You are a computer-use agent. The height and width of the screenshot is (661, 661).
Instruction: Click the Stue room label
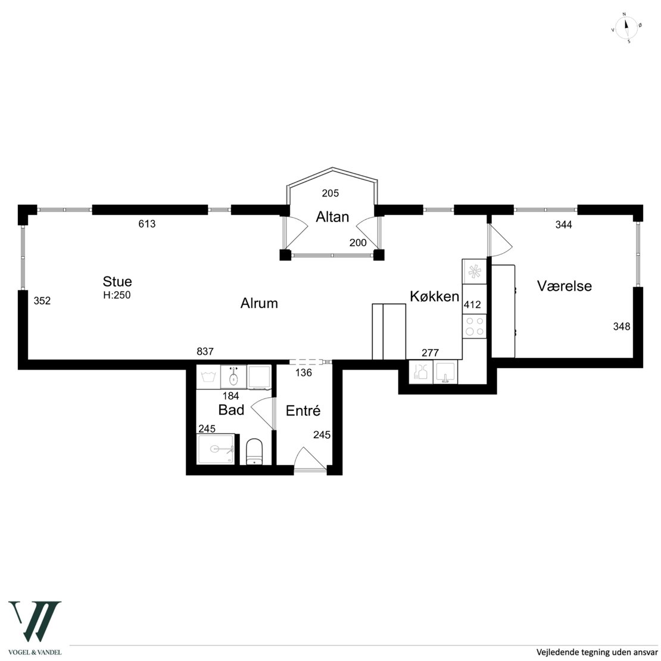click(x=117, y=281)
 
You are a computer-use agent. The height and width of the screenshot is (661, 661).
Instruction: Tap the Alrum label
click(x=259, y=303)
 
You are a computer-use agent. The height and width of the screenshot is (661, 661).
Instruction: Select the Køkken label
click(x=435, y=297)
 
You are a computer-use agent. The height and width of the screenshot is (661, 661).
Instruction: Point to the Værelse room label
click(x=564, y=286)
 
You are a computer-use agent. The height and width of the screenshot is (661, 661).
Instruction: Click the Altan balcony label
click(x=333, y=217)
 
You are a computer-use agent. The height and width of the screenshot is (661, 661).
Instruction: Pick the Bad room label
click(x=231, y=410)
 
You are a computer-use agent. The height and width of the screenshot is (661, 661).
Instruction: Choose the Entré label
click(x=303, y=411)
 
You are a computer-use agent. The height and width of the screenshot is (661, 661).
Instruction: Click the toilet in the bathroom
click(x=254, y=451)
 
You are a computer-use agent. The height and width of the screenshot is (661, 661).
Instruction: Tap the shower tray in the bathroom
click(x=216, y=450)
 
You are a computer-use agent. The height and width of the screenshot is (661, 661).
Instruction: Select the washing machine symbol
click(x=208, y=377)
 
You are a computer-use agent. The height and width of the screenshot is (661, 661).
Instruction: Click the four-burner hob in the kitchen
click(x=474, y=326)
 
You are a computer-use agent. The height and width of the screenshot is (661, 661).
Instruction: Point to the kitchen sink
click(x=445, y=372)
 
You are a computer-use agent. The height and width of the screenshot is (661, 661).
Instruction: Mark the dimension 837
click(x=205, y=351)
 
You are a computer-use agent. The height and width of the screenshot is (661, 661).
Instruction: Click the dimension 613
click(x=147, y=224)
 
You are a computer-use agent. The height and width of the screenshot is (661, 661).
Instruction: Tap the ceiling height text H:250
click(x=117, y=295)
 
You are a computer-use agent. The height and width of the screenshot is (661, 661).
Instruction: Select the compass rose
click(x=626, y=28)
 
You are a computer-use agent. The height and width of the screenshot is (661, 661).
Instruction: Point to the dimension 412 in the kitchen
click(x=472, y=304)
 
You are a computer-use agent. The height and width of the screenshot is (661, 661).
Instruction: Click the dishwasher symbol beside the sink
click(x=421, y=372)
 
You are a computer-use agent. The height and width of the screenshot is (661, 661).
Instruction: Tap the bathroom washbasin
click(x=233, y=377)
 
